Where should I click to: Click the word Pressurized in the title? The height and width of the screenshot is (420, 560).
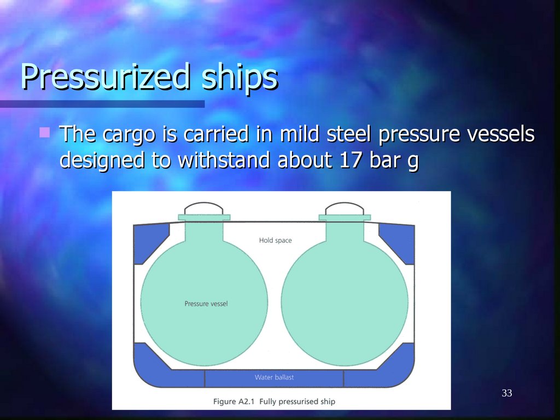pos(104,77)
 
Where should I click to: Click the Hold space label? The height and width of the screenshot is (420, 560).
pos(275,240)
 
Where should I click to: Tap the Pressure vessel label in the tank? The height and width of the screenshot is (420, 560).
pos(206,304)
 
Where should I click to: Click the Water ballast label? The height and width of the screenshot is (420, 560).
pos(275,377)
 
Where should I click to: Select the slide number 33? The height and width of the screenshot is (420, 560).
pos(506,393)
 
